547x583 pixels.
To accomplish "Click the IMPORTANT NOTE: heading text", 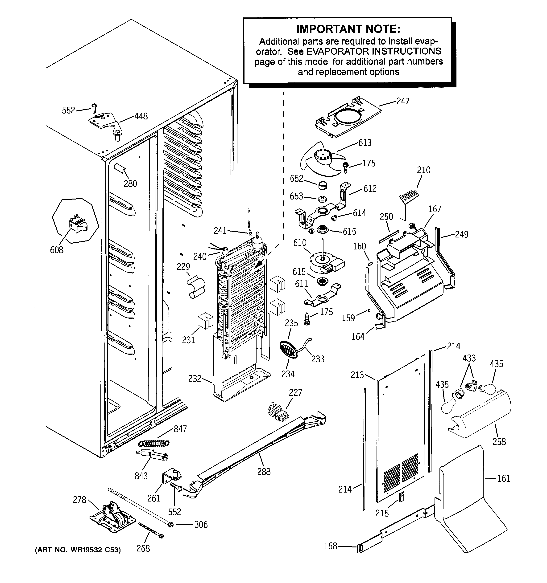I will (x=348, y=29).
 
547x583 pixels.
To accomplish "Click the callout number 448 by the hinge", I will (x=141, y=116).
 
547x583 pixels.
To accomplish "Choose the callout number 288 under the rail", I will (x=264, y=472).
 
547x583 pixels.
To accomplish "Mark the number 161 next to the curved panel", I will (x=504, y=479).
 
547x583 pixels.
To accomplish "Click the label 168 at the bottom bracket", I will (x=330, y=546).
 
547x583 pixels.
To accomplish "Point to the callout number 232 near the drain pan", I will (x=195, y=378).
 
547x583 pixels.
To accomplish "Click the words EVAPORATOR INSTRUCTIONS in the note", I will (x=374, y=51).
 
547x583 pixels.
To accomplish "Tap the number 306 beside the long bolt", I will (x=201, y=524).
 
